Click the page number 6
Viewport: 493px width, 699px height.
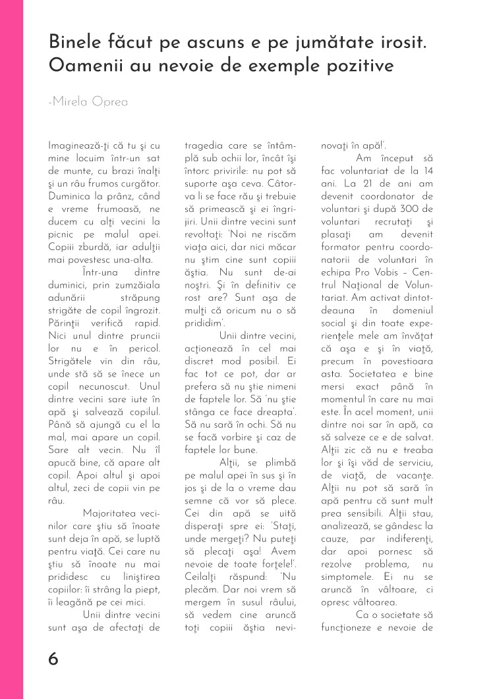[x=53, y=659]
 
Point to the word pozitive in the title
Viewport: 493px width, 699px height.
[x=357, y=66]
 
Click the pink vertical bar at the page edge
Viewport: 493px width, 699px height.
[x=11, y=349]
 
